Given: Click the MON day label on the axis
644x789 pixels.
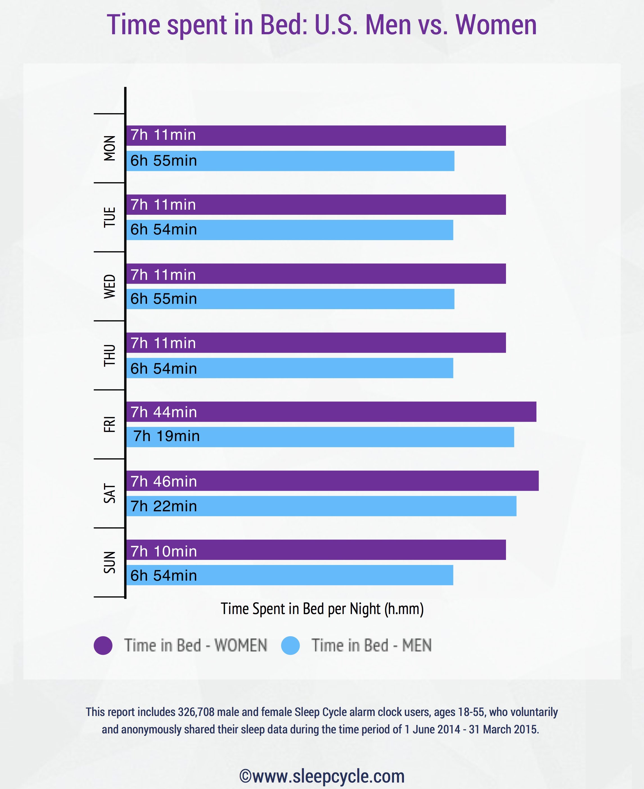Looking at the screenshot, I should [109, 148].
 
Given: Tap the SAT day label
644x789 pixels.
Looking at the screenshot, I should [109, 493].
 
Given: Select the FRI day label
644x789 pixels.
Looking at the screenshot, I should [109, 424].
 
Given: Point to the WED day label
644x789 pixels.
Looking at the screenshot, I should [109, 286].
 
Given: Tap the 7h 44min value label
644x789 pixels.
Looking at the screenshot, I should [164, 412].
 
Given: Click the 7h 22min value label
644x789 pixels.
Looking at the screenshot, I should [164, 506].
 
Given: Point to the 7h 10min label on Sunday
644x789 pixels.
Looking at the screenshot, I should [164, 551].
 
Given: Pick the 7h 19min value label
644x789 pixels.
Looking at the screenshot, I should [166, 436].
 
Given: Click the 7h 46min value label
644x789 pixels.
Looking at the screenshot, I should [164, 482].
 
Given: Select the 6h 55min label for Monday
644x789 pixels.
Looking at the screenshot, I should [164, 161].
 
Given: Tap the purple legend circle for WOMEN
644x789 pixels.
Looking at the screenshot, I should [103, 646].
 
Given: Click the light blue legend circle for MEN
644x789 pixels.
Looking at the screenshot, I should [290, 646].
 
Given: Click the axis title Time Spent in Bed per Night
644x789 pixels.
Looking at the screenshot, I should [322, 609].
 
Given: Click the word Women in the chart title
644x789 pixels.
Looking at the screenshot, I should [496, 25].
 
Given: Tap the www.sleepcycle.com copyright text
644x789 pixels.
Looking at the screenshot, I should [322, 776].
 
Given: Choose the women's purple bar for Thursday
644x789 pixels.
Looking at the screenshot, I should [316, 343].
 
